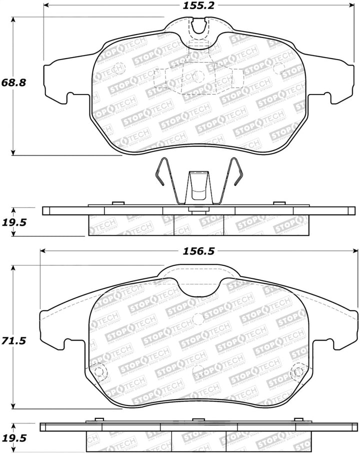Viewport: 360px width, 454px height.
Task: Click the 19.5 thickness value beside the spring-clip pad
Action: [13, 221]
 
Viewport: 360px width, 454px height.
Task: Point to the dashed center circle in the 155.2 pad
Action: [198, 76]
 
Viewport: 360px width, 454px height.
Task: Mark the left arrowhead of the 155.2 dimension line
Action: [46, 6]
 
